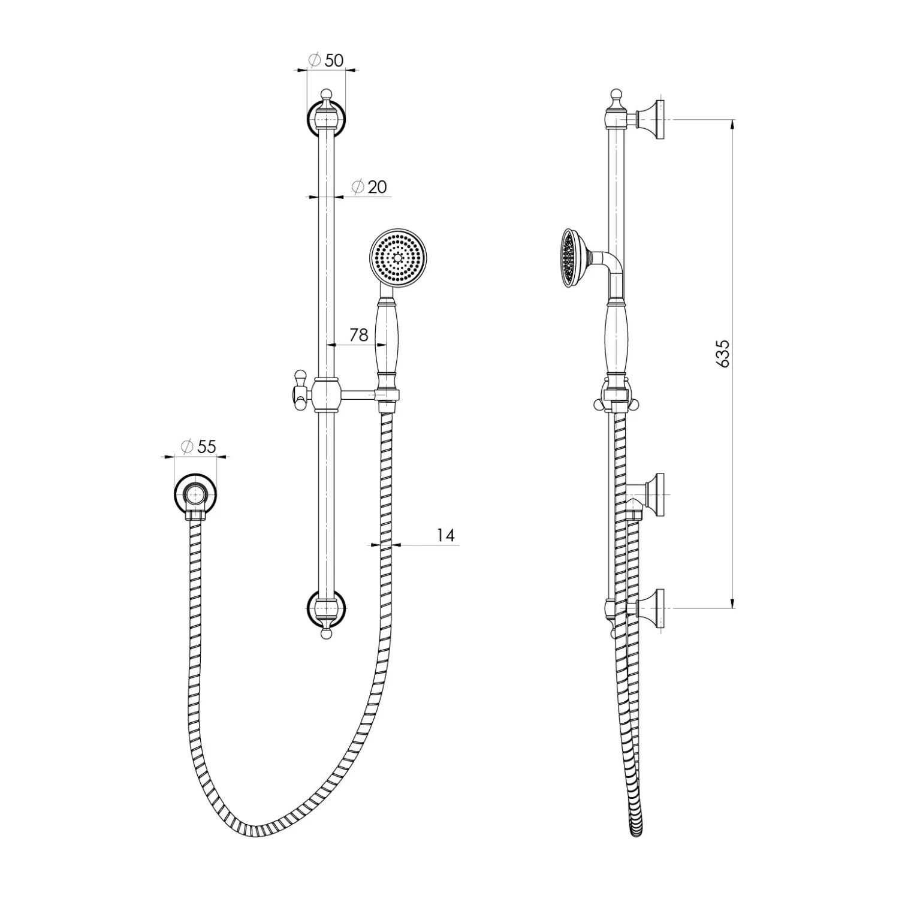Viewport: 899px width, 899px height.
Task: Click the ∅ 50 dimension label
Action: [x=325, y=60]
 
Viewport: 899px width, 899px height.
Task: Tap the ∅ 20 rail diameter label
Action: [x=369, y=187]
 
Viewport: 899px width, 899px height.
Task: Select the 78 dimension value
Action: [x=358, y=334]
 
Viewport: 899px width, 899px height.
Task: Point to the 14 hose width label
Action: [x=445, y=535]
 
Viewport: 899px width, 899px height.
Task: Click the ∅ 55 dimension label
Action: [x=198, y=446]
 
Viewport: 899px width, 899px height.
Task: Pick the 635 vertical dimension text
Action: [x=723, y=354]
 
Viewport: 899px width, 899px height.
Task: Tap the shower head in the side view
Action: [x=574, y=258]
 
